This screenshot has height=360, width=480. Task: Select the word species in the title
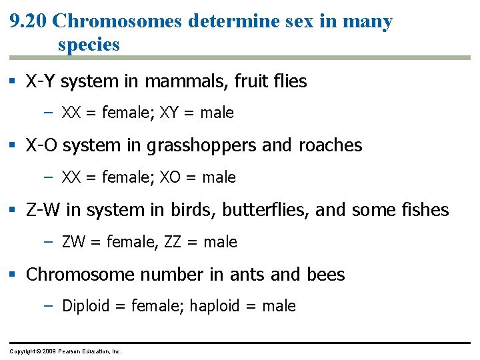(x=89, y=45)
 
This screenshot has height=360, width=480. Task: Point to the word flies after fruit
(x=287, y=82)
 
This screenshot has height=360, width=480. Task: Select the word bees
(x=326, y=275)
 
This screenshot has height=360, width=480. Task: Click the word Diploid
(x=85, y=306)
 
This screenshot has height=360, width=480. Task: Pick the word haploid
(x=215, y=306)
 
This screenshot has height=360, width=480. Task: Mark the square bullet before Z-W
(x=16, y=211)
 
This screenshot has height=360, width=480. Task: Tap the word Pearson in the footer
(x=70, y=351)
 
